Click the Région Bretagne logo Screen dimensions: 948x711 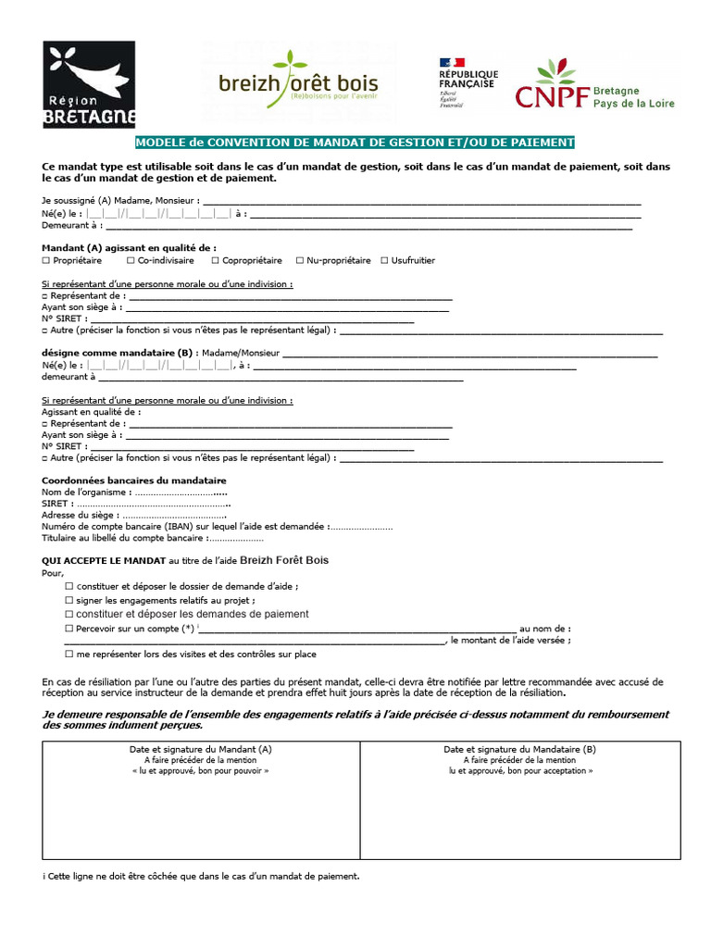pos(89,84)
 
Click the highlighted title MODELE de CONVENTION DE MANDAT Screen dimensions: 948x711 pos(355,143)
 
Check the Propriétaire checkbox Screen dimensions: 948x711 pos(46,261)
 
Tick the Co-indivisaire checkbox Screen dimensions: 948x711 pos(131,261)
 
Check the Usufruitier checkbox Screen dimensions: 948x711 pos(383,261)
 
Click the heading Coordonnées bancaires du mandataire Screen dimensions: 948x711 pos(134,480)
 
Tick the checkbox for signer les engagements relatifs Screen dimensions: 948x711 pos(69,601)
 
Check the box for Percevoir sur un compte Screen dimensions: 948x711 pos(69,629)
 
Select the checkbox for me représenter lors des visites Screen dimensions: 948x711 pos(69,655)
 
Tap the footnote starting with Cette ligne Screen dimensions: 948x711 pos(201,876)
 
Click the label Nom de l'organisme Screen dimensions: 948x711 pos(84,493)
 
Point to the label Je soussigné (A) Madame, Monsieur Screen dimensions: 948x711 pos(119,200)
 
